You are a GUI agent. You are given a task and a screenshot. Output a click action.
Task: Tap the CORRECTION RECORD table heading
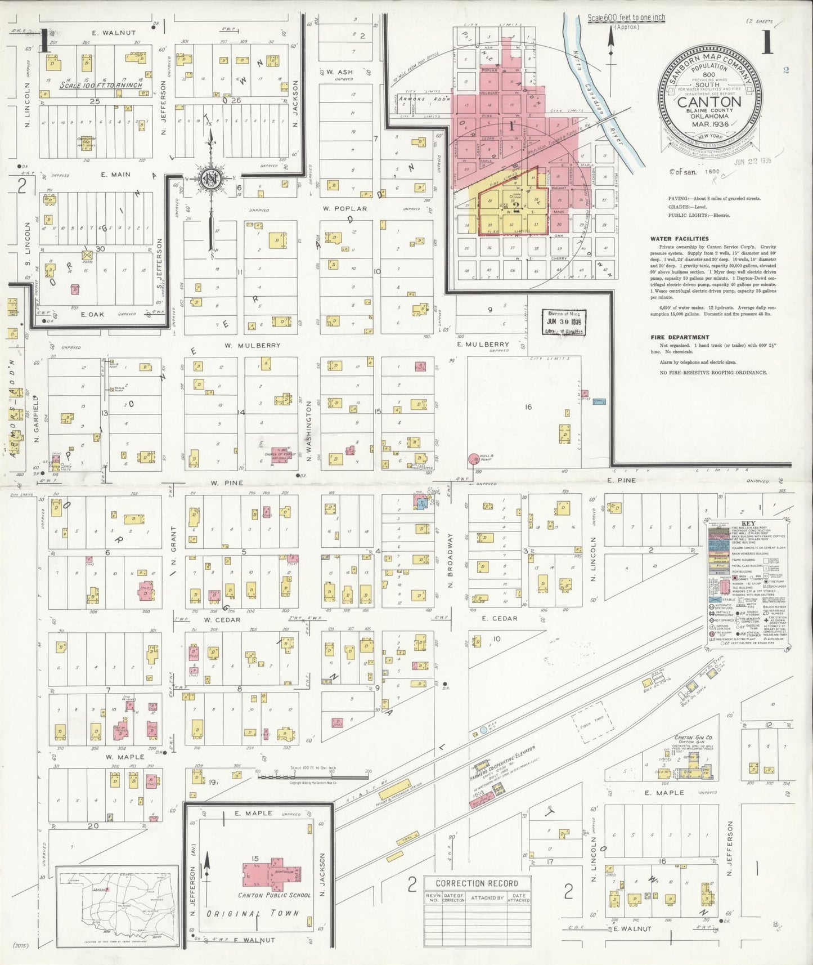tap(477, 883)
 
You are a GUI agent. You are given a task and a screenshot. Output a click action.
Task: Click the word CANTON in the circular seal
tap(709, 102)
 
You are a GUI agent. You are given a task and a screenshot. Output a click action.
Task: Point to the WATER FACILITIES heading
tap(679, 239)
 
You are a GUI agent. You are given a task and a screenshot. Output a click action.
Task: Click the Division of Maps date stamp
tap(564, 322)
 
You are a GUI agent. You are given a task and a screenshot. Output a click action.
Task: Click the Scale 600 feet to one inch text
tap(626, 18)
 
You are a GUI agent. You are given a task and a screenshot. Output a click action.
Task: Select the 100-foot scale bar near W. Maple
tap(312, 775)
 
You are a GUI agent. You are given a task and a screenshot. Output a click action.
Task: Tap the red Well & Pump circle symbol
tap(473, 459)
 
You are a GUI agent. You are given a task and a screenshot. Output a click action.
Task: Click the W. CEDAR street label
tap(222, 620)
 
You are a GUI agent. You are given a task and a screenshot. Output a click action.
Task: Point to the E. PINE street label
tap(621, 480)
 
